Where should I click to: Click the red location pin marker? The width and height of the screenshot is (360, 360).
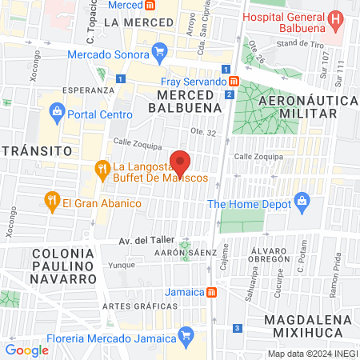point(181,162)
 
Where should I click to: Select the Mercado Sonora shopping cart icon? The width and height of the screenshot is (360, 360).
point(160,54)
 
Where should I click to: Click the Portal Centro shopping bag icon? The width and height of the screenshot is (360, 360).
point(56,112)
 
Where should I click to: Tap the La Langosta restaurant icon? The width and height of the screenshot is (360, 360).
point(102,170)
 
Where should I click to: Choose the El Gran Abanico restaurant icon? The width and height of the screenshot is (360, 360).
point(52,202)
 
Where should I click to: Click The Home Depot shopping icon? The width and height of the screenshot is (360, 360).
point(302,202)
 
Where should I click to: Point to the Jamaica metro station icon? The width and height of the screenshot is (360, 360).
point(211,292)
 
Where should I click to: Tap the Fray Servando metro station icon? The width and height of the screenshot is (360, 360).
point(233,82)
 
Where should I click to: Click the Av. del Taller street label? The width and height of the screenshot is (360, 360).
point(118,240)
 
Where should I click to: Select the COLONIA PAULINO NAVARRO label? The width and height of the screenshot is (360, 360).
point(53,266)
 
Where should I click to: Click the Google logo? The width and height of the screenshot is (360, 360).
point(26,350)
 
